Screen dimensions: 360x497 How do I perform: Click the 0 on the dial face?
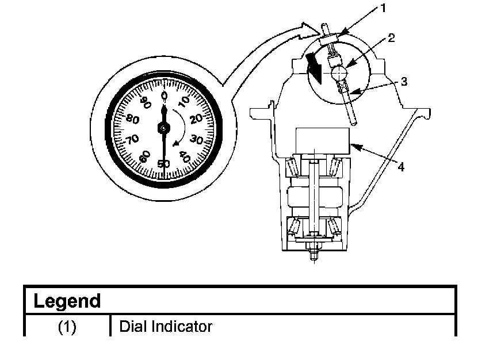tap(165, 95)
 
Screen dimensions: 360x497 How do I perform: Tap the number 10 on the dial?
tap(183, 101)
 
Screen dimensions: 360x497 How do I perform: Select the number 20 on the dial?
tap(196, 118)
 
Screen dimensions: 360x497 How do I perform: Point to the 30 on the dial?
tap(197, 139)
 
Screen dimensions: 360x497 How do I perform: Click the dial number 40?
tap(186, 156)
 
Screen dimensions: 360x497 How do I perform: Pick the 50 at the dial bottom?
tap(164, 163)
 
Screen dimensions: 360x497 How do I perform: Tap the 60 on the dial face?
tap(145, 156)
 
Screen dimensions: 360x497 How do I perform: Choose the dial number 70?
tap(133, 139)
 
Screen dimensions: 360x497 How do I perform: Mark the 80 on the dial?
tap(133, 120)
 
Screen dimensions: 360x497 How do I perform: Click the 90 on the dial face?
tap(144, 102)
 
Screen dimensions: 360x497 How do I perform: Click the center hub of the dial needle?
tap(165, 128)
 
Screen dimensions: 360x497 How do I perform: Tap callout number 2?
tap(391, 39)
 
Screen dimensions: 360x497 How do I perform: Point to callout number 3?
tap(404, 82)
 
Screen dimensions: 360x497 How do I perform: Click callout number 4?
tap(400, 167)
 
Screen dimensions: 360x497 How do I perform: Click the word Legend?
tap(67, 301)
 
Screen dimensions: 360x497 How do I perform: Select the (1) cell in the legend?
tap(67, 327)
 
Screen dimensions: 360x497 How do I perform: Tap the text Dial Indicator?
tap(166, 327)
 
